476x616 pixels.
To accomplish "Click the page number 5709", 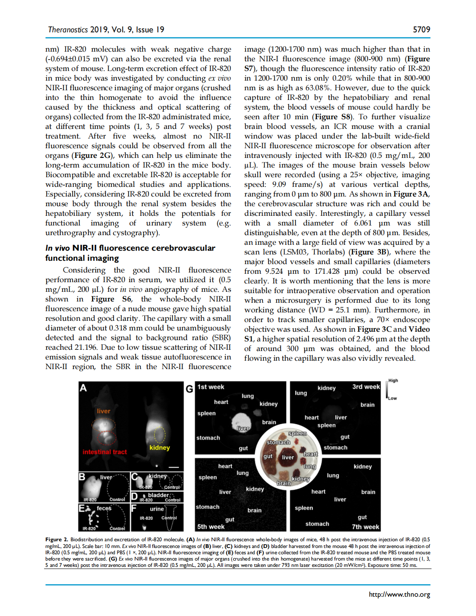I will [421, 29].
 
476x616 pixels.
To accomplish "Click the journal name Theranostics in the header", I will [68, 29].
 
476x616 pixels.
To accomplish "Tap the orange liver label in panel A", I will [103, 411].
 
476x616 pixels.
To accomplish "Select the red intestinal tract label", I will [105, 452].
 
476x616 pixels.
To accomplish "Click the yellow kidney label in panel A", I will [160, 448].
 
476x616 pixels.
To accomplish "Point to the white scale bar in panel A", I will [173, 467].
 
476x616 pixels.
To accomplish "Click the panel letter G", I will [189, 389].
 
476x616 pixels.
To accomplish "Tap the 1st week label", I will [211, 387].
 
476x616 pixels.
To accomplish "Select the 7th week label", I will [365, 527].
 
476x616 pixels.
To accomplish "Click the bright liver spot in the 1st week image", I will [241, 420].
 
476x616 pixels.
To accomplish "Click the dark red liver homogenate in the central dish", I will [288, 457].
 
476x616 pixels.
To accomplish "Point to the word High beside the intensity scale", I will [393, 380].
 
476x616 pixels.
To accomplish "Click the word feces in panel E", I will [104, 508].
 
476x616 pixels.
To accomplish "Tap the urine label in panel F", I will [157, 509].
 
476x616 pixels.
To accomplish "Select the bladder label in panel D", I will [158, 495].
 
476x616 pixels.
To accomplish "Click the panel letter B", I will [82, 477].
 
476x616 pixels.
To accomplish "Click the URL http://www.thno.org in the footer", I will [399, 594].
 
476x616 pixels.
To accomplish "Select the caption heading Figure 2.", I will [56, 540].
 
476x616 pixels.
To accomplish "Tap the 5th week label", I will [211, 527].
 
